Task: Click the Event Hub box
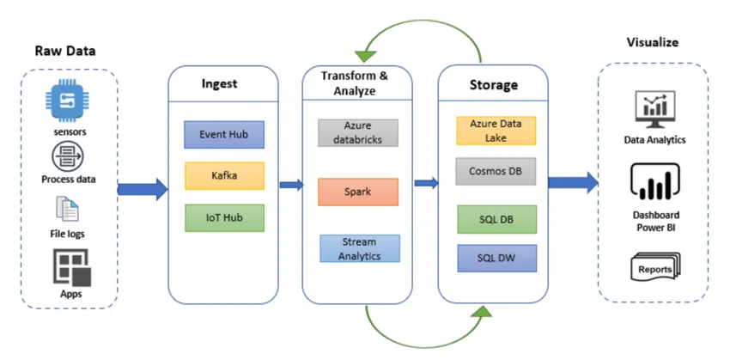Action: click(x=223, y=135)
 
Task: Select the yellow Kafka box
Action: click(x=223, y=176)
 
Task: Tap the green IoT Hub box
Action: click(x=223, y=217)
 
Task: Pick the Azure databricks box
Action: click(x=358, y=132)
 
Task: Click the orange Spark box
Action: click(x=358, y=192)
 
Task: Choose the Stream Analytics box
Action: click(x=358, y=248)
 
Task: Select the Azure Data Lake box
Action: click(x=496, y=130)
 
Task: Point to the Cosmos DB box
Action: click(x=496, y=171)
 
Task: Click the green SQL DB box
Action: click(x=496, y=218)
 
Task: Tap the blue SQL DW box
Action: click(x=496, y=258)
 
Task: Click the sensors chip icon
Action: click(x=69, y=106)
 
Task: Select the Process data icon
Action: click(x=68, y=156)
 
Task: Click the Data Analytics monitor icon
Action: click(x=654, y=109)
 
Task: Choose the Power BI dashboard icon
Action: click(x=654, y=182)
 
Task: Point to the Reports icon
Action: click(x=654, y=267)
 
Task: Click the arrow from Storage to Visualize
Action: click(x=573, y=182)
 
